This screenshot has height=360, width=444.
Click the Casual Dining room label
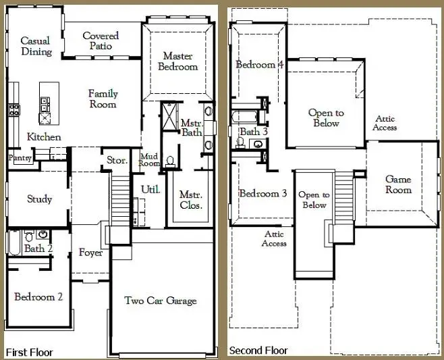click(x=36, y=46)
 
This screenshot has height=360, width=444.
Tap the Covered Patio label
click(x=101, y=41)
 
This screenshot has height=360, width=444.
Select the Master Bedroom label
click(x=178, y=61)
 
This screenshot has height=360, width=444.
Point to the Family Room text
click(x=103, y=99)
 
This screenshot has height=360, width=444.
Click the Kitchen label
click(x=44, y=137)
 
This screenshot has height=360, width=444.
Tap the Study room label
click(x=40, y=199)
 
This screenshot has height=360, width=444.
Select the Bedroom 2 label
click(x=38, y=297)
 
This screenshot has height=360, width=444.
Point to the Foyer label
click(x=90, y=253)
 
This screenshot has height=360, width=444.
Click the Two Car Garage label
click(x=161, y=300)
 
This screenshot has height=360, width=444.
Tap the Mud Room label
click(x=148, y=160)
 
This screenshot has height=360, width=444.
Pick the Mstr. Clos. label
click(x=191, y=200)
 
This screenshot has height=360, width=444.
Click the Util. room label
click(x=150, y=190)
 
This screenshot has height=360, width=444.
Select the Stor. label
click(x=117, y=161)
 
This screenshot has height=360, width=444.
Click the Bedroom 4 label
click(x=259, y=65)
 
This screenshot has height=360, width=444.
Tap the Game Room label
click(x=398, y=184)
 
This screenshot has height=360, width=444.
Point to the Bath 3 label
click(x=254, y=132)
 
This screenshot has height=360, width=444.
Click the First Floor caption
click(x=29, y=352)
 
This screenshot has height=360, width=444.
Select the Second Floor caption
click(x=258, y=351)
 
